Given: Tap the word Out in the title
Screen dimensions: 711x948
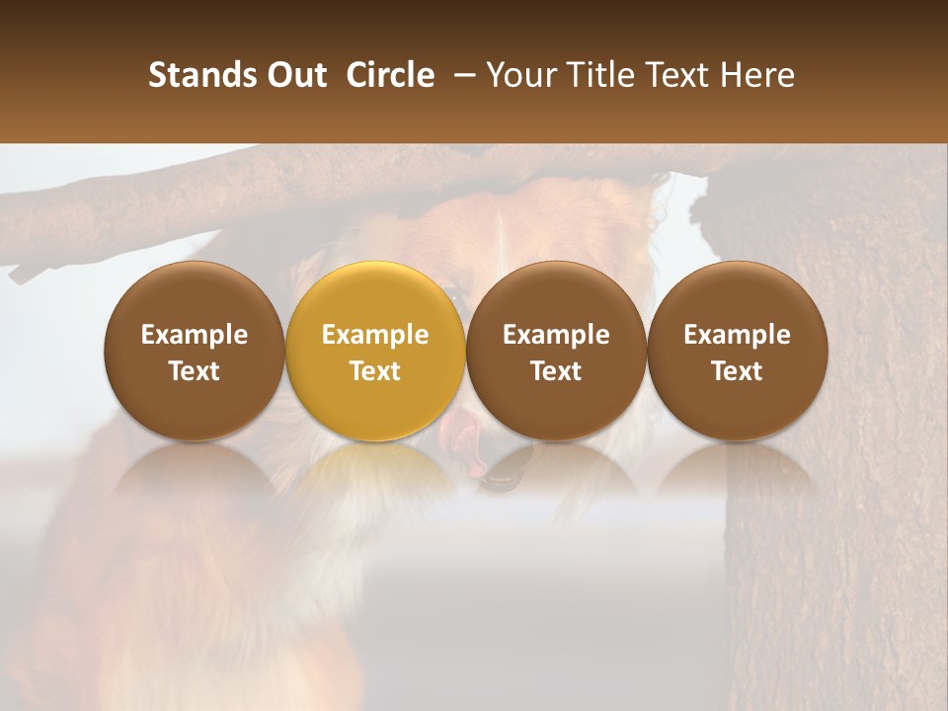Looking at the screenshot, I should coord(294,75).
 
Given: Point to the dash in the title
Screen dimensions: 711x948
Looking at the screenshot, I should coord(461,75).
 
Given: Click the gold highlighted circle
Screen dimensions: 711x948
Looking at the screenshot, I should coord(375,351).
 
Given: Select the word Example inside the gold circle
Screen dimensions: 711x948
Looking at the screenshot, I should coord(375,335).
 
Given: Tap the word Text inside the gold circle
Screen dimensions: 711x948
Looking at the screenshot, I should coord(375,371).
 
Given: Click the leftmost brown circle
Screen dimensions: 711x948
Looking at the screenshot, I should coord(195,351).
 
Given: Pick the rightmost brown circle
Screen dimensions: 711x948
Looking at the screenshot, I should coord(737,351).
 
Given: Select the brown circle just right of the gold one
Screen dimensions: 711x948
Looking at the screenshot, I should coord(556,351).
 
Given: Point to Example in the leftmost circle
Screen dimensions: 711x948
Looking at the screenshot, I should coord(195,335).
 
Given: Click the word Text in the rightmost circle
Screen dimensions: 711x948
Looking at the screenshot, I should coord(737,371).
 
